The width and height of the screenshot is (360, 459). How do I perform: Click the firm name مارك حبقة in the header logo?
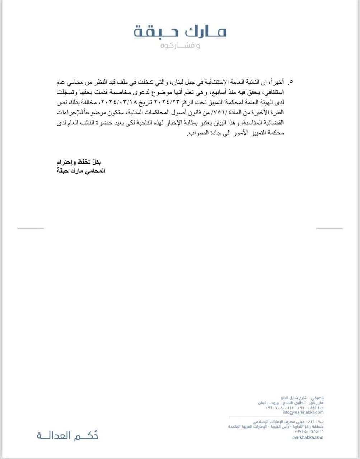point(180,32)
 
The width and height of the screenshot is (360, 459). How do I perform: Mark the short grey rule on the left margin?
point(31,228)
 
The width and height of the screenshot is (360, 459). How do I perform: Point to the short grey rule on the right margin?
point(329,228)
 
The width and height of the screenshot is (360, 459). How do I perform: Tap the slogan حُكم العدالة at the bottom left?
point(67,436)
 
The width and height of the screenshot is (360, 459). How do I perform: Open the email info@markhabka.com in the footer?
point(303,412)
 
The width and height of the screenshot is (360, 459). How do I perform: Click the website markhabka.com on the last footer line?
point(308,437)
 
